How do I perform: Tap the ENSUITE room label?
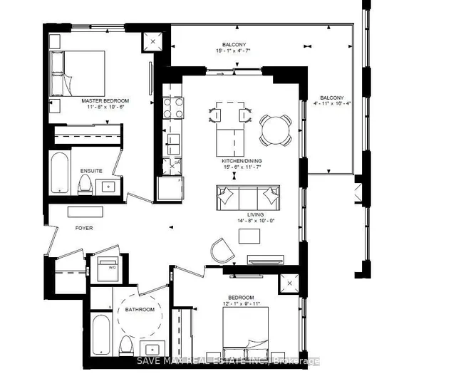pyautogui.click(x=90, y=171)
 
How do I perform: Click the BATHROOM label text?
pyautogui.click(x=140, y=310)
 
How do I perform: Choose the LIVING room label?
pyautogui.click(x=255, y=214)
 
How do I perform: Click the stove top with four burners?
pyautogui.click(x=172, y=107)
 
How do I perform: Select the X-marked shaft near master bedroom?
pyautogui.click(x=152, y=41)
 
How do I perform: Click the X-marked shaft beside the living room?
pyautogui.click(x=290, y=284)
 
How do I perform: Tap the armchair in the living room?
pyautogui.click(x=222, y=249)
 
